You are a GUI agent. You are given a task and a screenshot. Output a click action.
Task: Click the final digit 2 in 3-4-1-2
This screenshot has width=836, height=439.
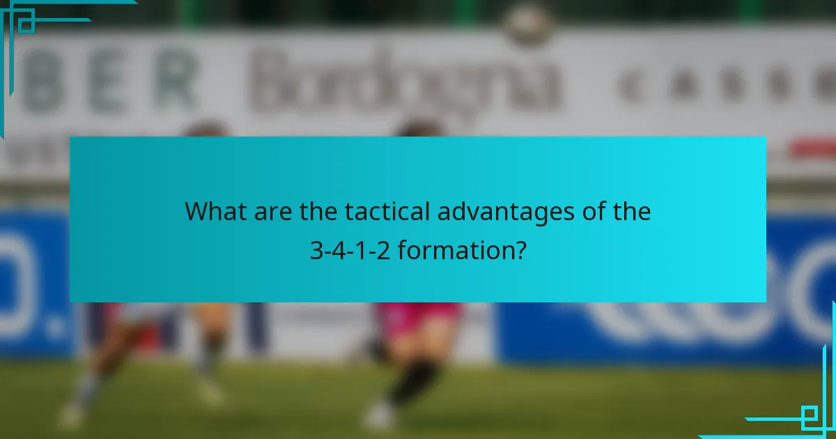382,249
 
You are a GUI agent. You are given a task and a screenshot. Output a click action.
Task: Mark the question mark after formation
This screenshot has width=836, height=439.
520,249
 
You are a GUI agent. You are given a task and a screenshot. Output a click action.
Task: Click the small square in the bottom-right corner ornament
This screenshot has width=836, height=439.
810,417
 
